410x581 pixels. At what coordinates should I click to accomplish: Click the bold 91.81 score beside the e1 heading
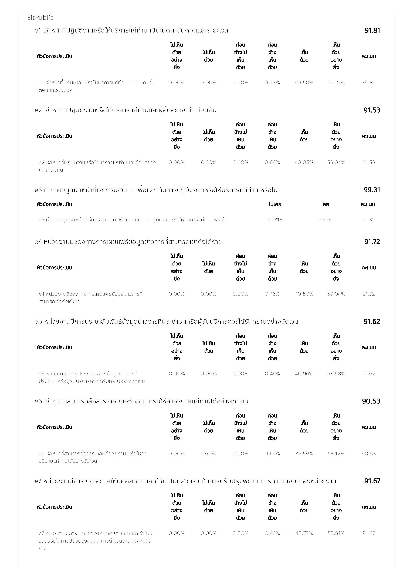coord(372,30)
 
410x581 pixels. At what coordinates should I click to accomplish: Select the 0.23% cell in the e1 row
coord(272,83)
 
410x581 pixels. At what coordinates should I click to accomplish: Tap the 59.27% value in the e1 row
coord(336,83)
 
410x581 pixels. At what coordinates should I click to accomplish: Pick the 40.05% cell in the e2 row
coord(304,162)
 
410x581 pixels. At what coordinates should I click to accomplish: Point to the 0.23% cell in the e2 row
coord(208,162)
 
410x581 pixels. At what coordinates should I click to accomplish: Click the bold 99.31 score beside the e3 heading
coord(372,190)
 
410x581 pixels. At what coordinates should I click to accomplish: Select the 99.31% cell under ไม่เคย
coord(275,220)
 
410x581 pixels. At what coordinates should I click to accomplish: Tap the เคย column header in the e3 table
coord(325,204)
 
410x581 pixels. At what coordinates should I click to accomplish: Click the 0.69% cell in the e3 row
coord(325,220)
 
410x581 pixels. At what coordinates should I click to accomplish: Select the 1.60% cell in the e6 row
coord(208,454)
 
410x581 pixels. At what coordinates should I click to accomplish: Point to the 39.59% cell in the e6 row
coord(304,454)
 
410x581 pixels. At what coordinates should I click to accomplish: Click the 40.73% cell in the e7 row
coord(304,533)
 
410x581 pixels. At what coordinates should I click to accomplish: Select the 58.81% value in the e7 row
coord(336,533)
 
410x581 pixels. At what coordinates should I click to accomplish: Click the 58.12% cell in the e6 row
coord(336,454)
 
